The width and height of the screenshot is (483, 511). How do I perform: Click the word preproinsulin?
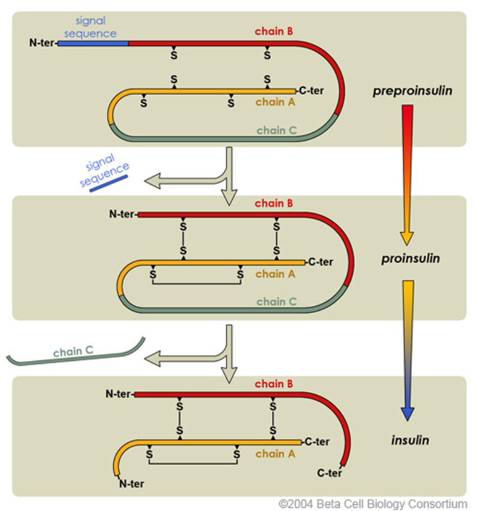pos(412,91)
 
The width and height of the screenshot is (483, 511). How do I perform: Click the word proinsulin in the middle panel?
pos(411,258)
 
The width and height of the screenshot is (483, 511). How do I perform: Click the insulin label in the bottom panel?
pos(409,441)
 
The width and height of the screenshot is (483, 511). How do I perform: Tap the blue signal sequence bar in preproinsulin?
pos(93,44)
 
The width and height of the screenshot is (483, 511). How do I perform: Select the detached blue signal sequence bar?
pos(109,184)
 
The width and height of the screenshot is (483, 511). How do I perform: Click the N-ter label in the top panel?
pos(42,44)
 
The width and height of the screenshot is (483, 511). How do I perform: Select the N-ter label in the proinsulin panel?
pos(122,214)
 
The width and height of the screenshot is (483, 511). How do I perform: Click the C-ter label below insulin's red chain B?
pos(330,474)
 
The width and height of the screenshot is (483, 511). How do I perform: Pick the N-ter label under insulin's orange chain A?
pos(130,483)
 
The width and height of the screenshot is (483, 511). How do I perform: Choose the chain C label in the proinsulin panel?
pos(277,302)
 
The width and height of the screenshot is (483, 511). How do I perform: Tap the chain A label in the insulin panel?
pos(275,454)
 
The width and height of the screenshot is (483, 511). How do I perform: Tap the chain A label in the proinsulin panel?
pos(275,274)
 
